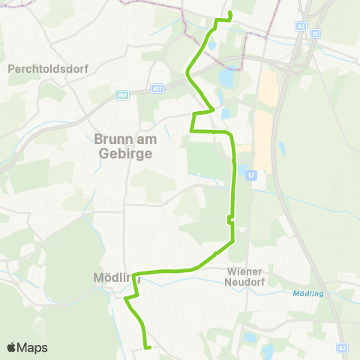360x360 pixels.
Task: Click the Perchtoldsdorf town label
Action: pyautogui.click(x=48, y=68)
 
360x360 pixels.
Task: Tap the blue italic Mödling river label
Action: pyautogui.click(x=309, y=293)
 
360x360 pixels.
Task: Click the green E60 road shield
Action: pyautogui.click(x=121, y=94)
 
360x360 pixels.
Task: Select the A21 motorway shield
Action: pyautogui.click(x=157, y=88)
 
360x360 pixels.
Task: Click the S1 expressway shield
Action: pyautogui.click(x=315, y=34)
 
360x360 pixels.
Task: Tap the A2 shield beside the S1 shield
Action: pyautogui.click(x=301, y=25)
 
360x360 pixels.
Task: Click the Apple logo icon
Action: pyautogui.click(x=12, y=347)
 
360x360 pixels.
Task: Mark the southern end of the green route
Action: pyautogui.click(x=149, y=347)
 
